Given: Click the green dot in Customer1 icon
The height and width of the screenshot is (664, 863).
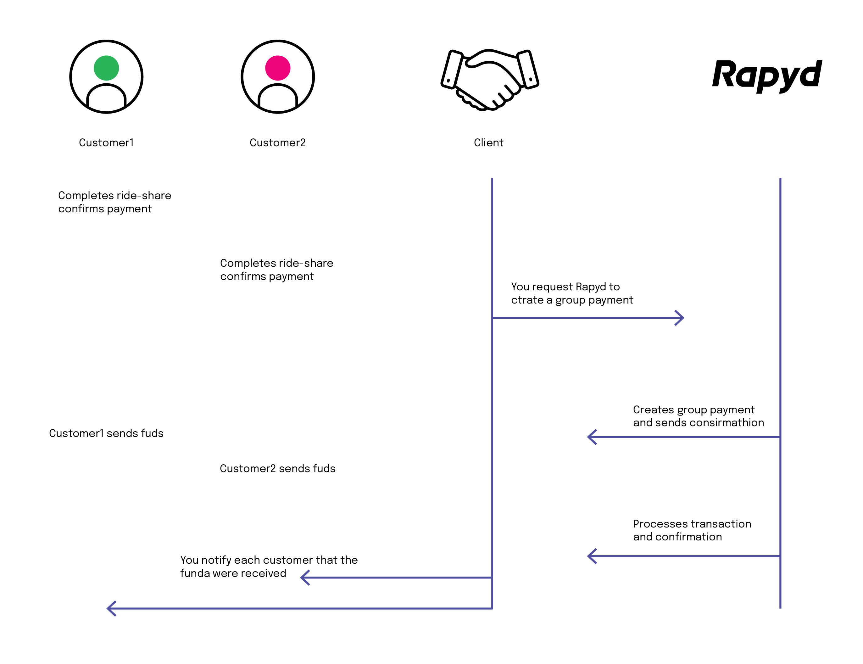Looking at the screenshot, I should (x=106, y=68).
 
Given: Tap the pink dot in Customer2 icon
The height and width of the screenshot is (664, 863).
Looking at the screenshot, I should (x=277, y=68).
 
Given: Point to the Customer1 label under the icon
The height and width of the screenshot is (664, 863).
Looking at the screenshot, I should (x=106, y=143).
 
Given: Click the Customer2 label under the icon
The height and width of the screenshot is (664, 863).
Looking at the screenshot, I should (x=277, y=143).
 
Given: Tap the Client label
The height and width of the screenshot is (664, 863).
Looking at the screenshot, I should (x=488, y=143).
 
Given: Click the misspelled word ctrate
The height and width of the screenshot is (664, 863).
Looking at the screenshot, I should (x=527, y=300).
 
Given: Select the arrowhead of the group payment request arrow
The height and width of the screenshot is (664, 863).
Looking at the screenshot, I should (x=680, y=318).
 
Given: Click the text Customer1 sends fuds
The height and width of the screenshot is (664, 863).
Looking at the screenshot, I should (x=106, y=433).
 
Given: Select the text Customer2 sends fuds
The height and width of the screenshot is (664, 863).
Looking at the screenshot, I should (x=277, y=468).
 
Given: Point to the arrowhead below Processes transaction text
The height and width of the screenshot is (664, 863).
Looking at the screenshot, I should (x=592, y=556).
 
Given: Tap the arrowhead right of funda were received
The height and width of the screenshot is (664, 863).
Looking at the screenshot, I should (x=305, y=578).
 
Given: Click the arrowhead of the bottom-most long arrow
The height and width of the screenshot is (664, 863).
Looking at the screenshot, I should (x=111, y=608).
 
